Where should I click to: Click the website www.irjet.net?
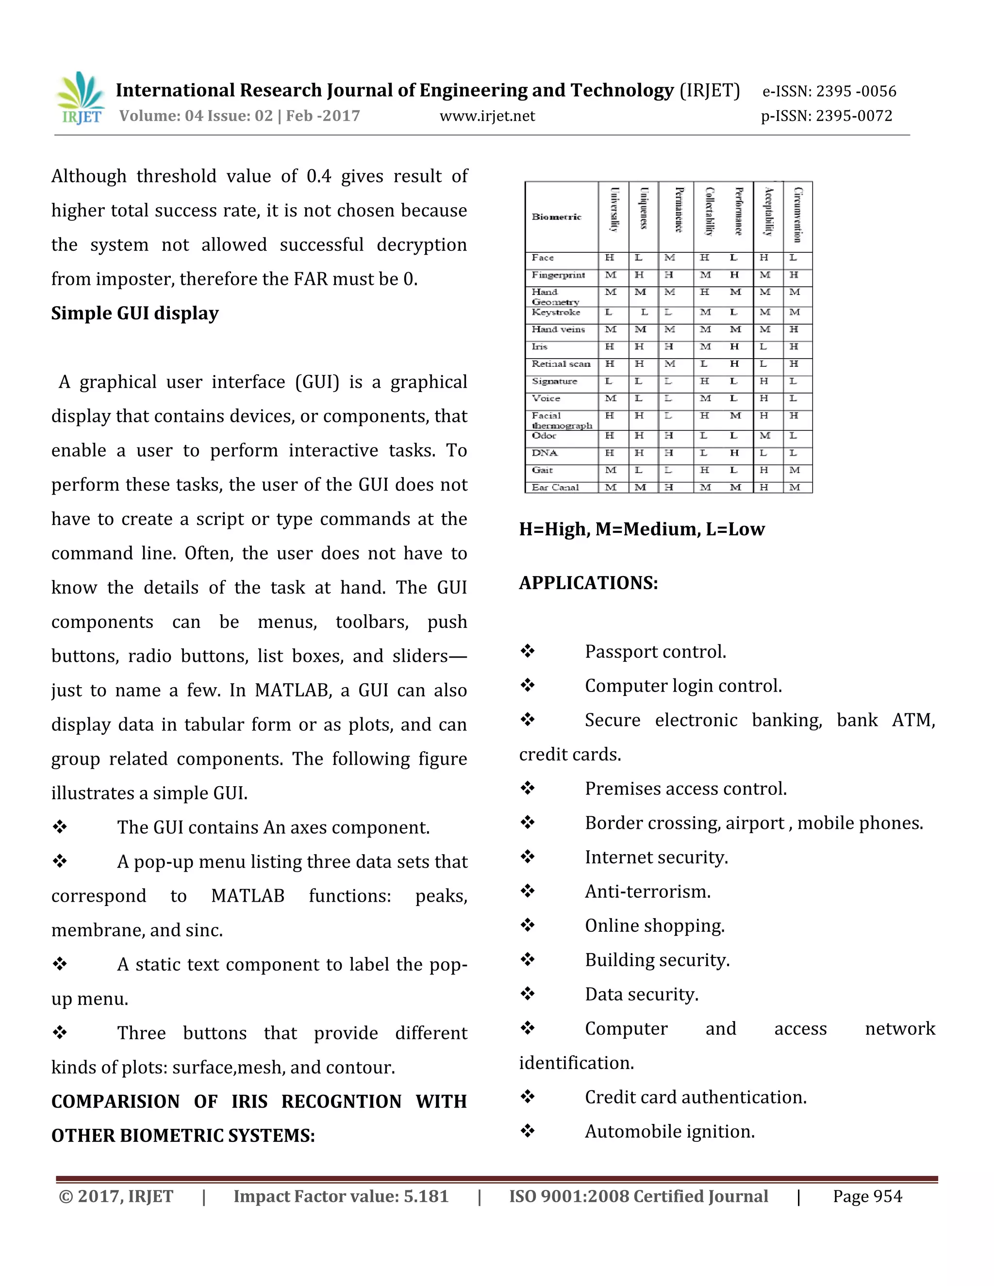click(487, 116)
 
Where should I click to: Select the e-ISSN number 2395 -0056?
click(829, 91)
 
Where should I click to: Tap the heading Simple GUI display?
click(135, 313)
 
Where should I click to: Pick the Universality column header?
click(614, 217)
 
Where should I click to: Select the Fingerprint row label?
click(558, 275)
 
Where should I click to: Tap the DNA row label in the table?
click(544, 453)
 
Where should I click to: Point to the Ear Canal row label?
click(555, 488)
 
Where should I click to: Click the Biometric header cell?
click(557, 217)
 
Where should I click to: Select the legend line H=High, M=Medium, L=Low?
click(641, 529)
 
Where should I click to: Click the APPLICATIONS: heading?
click(588, 583)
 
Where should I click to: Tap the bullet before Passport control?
click(527, 651)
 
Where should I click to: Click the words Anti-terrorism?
click(648, 891)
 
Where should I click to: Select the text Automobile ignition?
click(669, 1131)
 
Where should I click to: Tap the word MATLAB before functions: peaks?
click(248, 896)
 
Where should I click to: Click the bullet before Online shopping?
click(527, 925)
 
